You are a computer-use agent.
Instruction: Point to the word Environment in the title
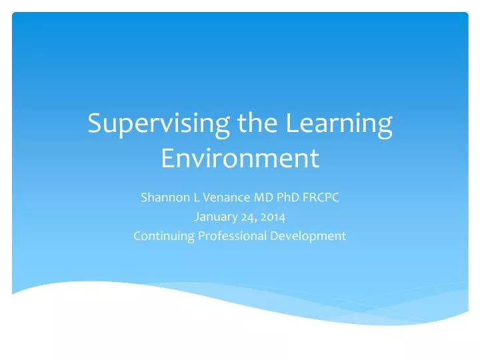(240, 159)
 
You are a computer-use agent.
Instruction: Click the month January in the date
(215, 216)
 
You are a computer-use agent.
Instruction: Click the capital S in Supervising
(95, 125)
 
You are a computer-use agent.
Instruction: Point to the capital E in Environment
(169, 159)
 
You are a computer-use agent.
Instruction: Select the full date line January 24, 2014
(240, 216)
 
